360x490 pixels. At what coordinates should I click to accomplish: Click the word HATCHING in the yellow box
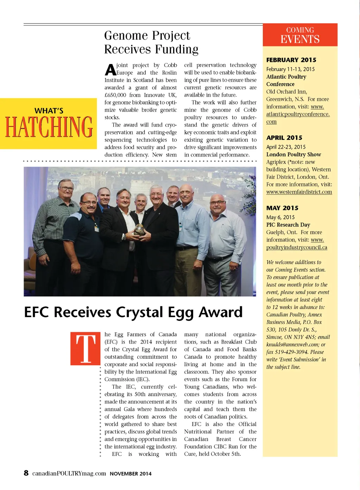(x=49, y=127)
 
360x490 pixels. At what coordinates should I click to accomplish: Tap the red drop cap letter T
(x=86, y=348)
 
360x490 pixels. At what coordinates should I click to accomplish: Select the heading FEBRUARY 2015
(x=291, y=60)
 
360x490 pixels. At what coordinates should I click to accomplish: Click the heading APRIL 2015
(x=284, y=138)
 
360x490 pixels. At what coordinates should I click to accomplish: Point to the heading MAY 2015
(x=282, y=208)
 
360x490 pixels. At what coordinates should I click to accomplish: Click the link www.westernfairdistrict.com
(x=299, y=192)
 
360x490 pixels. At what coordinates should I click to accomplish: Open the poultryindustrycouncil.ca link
(x=296, y=247)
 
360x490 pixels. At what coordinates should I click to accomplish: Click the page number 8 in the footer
(x=26, y=473)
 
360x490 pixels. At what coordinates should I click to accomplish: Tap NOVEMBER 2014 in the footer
(x=131, y=474)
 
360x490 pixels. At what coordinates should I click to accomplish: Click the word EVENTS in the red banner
(x=300, y=39)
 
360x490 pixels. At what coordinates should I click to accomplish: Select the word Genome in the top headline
(x=126, y=36)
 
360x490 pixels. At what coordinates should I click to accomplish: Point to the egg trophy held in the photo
(x=139, y=230)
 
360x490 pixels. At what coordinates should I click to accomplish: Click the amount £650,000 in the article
(x=115, y=95)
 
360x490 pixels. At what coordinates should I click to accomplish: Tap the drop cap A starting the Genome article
(x=110, y=70)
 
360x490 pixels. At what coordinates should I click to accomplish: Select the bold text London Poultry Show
(x=293, y=155)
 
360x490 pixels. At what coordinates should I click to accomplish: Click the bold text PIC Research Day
(x=288, y=225)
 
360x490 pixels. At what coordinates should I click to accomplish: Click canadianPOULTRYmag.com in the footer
(x=69, y=473)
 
